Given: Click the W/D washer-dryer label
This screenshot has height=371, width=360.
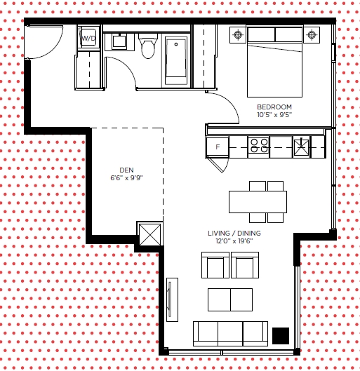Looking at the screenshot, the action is (x=88, y=38).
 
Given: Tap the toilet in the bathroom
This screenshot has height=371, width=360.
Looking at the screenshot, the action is (x=148, y=46).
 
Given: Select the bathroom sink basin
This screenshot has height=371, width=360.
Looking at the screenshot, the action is (x=119, y=41).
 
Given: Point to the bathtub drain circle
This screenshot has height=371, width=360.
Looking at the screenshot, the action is (x=176, y=44).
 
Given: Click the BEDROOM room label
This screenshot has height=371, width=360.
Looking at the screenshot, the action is (x=274, y=107).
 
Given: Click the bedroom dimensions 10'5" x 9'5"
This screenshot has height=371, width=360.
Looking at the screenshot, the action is (x=274, y=115).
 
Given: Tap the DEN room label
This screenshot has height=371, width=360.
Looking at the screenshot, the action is (x=126, y=170).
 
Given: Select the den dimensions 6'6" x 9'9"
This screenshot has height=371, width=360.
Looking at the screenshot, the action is (x=126, y=178).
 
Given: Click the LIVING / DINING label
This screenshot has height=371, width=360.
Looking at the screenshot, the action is (x=234, y=234).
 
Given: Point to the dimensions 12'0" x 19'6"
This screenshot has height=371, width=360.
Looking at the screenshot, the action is (x=234, y=241).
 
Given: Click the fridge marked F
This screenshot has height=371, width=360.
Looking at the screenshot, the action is (x=218, y=147).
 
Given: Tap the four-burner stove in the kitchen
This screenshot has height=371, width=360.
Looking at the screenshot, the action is (x=259, y=147).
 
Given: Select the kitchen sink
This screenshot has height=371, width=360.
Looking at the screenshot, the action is (x=301, y=147).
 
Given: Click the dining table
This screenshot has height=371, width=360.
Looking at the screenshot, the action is (x=258, y=202).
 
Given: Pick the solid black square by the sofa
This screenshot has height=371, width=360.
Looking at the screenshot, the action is (x=281, y=336).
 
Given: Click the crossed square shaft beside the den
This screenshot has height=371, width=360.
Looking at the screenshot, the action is (x=149, y=234).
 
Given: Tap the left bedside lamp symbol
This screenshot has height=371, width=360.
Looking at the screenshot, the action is (x=238, y=35).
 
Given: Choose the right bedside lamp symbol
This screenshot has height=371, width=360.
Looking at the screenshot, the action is (x=312, y=35).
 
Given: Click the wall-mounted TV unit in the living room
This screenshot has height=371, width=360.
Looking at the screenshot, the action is (x=173, y=299).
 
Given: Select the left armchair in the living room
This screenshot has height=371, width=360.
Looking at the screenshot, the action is (x=215, y=265).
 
